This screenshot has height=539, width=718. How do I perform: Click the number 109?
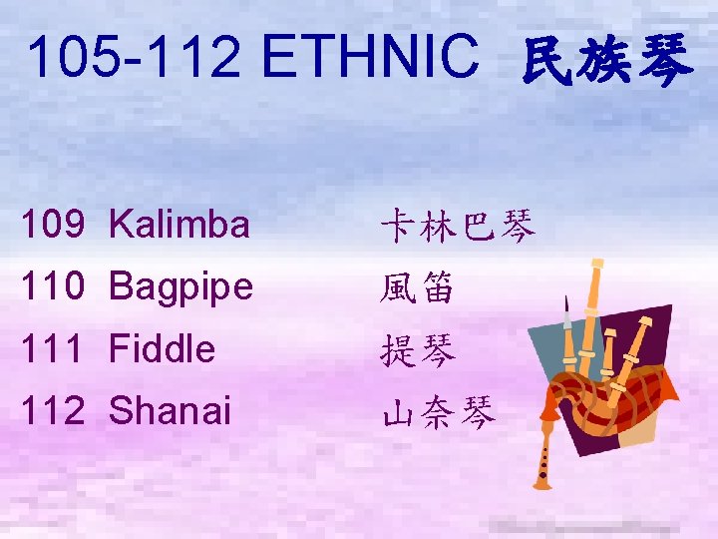pos(55,226)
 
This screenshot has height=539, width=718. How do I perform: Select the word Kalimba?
pos(179,226)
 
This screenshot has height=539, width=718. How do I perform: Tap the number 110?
pos(55,287)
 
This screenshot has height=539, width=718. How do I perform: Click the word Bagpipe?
pos(181,288)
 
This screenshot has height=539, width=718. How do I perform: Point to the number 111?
pos(55,349)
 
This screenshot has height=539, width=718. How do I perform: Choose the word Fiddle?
pos(162,349)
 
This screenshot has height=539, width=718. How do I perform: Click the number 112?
pos(55,410)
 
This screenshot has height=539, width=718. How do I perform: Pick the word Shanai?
pos(170,410)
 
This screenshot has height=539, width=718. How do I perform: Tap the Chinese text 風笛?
pos(417,288)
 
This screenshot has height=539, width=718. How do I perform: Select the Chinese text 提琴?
pos(417,350)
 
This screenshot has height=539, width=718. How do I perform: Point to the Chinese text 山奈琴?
pos(437,411)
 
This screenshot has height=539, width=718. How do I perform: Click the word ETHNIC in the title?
pos(370,58)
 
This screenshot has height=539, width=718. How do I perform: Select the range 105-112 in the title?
pos(135,58)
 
